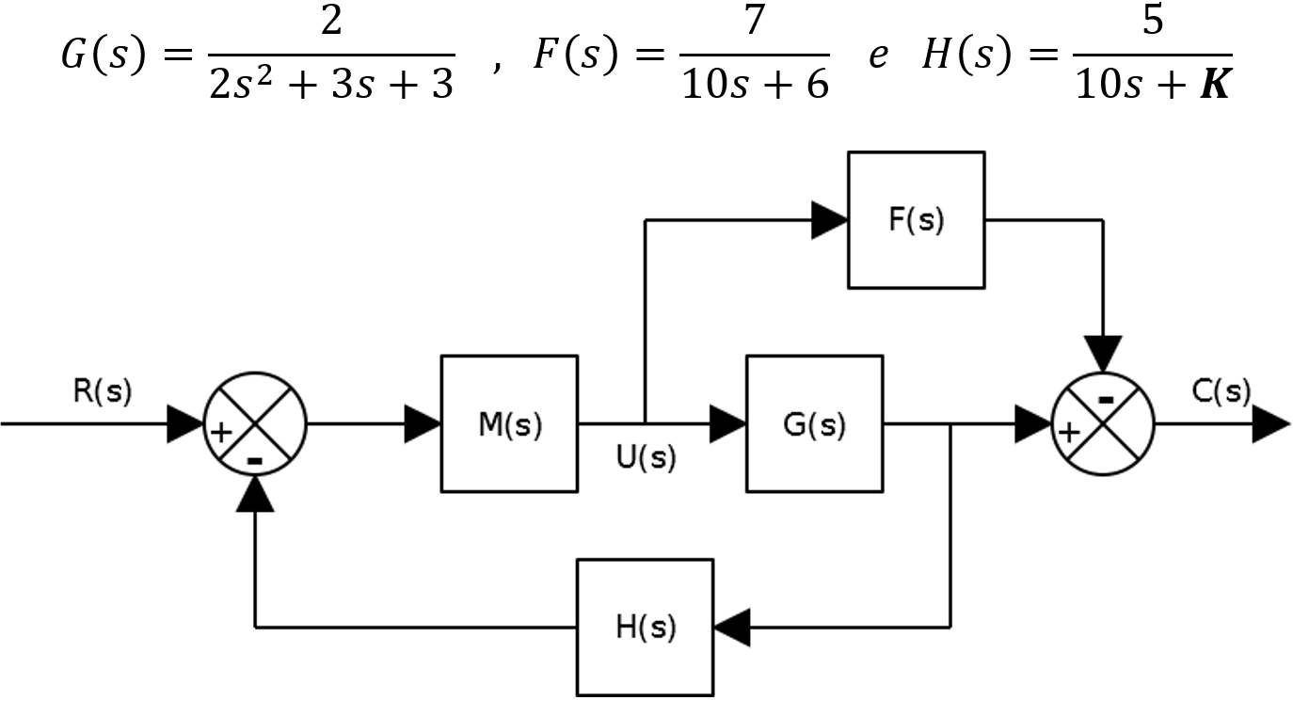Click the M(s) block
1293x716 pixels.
click(x=509, y=423)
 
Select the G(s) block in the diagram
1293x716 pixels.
click(x=814, y=423)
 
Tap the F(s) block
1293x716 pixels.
click(x=916, y=220)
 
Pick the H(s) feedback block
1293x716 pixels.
click(x=645, y=627)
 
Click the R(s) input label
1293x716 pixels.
click(x=103, y=390)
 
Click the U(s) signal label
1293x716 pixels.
click(x=646, y=458)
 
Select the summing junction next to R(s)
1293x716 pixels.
click(x=256, y=423)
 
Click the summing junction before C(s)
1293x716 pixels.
click(x=1102, y=423)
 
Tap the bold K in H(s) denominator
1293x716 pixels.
click(x=1214, y=86)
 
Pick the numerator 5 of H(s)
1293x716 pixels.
click(x=1152, y=22)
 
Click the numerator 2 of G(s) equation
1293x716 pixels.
click(x=330, y=22)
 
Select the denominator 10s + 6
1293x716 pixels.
click(x=755, y=86)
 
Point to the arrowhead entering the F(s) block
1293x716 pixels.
click(x=829, y=220)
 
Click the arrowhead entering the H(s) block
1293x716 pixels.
click(x=732, y=627)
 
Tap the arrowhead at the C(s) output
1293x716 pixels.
click(x=1269, y=424)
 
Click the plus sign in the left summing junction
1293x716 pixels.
click(x=220, y=433)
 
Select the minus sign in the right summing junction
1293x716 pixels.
click(x=1106, y=400)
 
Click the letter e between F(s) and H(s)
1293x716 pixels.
click(x=877, y=56)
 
